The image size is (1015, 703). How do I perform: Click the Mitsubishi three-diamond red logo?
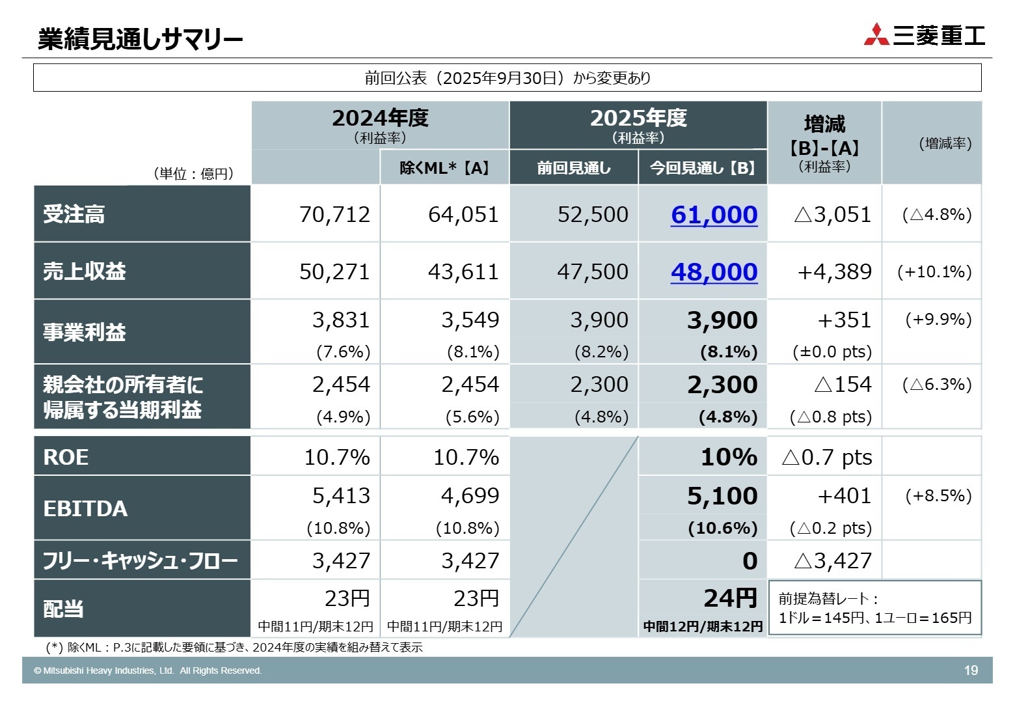tap(876, 34)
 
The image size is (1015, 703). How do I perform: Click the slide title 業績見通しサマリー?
tap(140, 40)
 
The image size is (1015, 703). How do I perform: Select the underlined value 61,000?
tap(714, 215)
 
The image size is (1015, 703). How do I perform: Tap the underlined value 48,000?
tap(714, 272)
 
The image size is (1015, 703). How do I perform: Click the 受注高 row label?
tap(74, 214)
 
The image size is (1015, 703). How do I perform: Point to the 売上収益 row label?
tap(85, 271)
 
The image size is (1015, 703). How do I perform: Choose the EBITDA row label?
tap(85, 508)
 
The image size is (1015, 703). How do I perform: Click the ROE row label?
tap(66, 457)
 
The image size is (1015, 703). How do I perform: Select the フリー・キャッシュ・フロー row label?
tap(140, 560)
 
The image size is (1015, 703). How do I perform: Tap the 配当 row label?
tap(63, 609)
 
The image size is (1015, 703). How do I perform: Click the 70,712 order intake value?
tap(334, 215)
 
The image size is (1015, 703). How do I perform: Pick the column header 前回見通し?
tap(573, 168)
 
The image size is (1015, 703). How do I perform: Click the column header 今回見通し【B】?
tap(703, 168)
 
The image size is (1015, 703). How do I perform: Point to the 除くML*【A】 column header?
tap(444, 168)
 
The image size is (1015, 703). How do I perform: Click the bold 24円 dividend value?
tap(730, 598)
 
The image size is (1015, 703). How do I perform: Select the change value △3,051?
tap(832, 215)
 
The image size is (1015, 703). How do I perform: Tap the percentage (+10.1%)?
tap(934, 272)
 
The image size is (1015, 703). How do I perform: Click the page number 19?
tap(971, 670)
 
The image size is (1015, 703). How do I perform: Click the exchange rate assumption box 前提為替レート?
tap(874, 609)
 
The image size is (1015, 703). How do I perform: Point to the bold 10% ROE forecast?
tap(729, 457)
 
